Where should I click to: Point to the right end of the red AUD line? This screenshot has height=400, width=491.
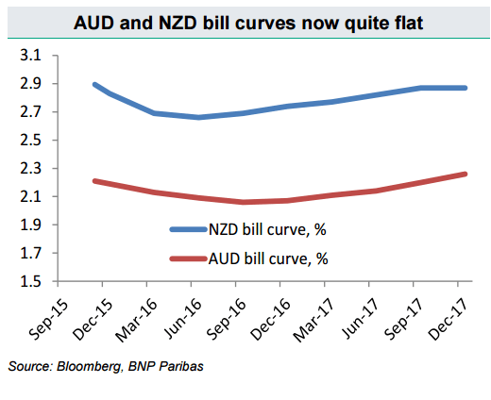pyautogui.click(x=465, y=174)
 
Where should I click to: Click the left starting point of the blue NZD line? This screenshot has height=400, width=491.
pyautogui.click(x=94, y=84)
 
